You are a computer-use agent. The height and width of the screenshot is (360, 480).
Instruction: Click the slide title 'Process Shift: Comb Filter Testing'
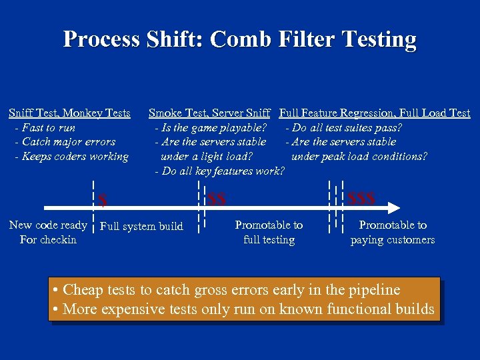tap(239, 39)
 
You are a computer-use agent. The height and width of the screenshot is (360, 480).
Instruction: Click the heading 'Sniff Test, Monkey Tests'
tap(69, 113)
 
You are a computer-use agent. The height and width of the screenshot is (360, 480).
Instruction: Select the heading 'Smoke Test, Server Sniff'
tap(209, 113)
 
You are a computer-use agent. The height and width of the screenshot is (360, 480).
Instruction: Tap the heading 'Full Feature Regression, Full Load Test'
tap(375, 113)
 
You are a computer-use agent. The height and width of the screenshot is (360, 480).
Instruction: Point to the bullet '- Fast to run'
tap(45, 128)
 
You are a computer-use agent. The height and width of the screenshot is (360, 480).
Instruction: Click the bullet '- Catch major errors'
tap(65, 142)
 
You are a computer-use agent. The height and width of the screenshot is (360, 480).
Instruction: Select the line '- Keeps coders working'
tap(71, 157)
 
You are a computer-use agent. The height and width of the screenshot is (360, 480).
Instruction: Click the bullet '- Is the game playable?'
tap(211, 128)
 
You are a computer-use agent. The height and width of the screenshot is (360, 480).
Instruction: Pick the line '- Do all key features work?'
tap(219, 171)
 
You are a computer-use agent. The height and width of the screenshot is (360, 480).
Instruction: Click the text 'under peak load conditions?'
tap(359, 157)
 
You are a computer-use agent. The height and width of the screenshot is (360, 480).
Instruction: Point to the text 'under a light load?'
tap(207, 157)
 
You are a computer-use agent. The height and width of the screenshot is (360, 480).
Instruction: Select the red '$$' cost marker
tap(217, 199)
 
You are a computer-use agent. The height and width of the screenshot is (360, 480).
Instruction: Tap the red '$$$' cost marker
tap(362, 199)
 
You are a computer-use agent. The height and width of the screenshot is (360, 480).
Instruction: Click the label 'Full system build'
tap(141, 227)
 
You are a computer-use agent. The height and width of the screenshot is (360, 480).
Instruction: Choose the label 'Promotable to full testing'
tap(269, 233)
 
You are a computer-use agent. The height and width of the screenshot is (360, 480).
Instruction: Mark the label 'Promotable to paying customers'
tap(393, 233)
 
